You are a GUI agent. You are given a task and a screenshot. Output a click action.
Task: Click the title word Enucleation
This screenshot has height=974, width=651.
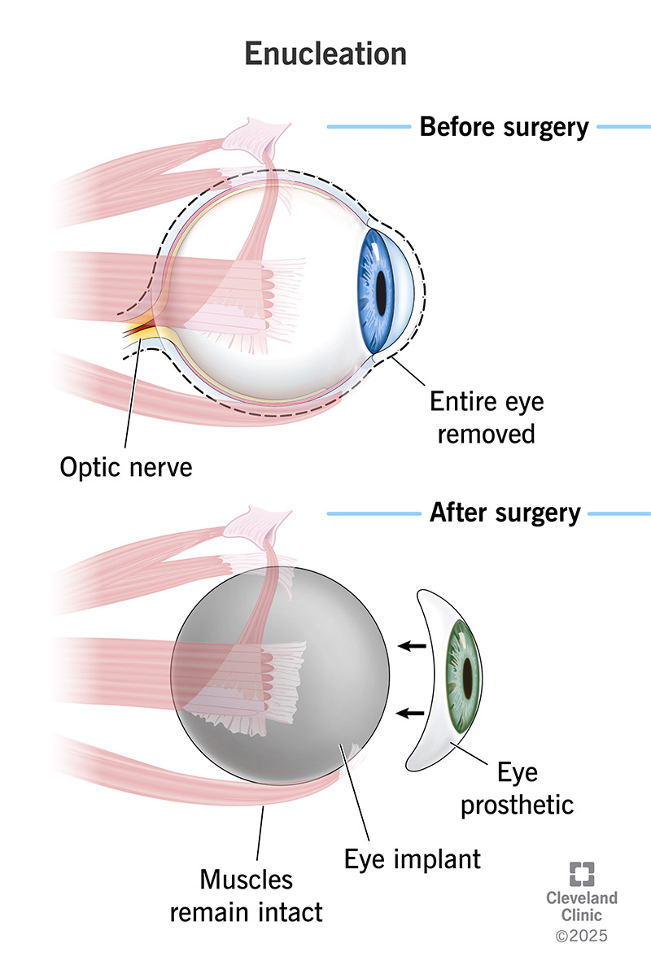325,53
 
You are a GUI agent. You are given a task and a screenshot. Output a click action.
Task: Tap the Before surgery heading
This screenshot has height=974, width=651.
504,128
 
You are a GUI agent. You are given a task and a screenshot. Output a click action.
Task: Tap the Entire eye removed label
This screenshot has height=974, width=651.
487,417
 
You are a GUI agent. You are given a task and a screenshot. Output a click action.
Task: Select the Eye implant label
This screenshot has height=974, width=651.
413,858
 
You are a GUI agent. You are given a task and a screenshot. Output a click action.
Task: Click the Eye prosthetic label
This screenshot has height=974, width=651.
518,787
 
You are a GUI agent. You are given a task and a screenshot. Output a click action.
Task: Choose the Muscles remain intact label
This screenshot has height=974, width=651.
246,895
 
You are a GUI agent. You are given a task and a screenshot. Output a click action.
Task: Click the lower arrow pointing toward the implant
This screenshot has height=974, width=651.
413,714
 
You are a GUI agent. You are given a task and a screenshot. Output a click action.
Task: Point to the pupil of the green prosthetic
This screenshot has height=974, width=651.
469,675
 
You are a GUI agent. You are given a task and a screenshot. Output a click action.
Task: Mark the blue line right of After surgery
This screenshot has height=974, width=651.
618,513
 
